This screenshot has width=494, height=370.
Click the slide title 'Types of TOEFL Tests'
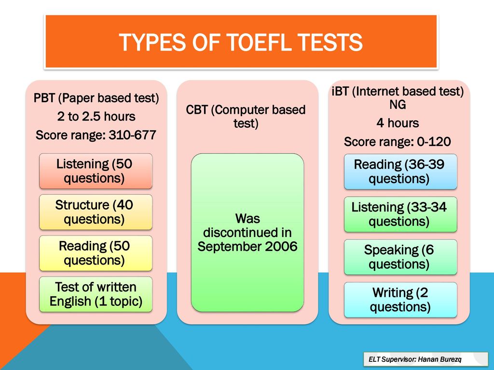(240, 42)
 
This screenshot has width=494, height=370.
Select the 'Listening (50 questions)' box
(95, 171)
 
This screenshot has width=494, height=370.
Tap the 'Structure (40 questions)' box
(95, 212)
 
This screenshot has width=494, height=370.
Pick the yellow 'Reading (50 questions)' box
(95, 253)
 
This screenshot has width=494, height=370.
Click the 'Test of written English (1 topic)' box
(95, 294)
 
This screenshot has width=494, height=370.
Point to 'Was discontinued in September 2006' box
(247, 232)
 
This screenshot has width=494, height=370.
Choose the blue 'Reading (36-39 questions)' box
(399, 172)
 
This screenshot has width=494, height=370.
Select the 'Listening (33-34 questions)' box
(399, 214)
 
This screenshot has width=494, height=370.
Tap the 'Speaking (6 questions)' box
(399, 257)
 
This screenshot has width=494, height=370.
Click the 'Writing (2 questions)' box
(399, 299)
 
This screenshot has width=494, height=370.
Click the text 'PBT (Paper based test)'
(96, 98)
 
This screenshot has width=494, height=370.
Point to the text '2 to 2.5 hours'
(96, 117)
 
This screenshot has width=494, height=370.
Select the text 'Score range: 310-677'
(96, 135)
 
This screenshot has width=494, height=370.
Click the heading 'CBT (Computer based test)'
(246, 116)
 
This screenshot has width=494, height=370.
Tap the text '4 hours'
(398, 123)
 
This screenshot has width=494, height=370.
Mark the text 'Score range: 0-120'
(398, 142)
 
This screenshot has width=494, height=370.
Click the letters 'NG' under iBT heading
(398, 105)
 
